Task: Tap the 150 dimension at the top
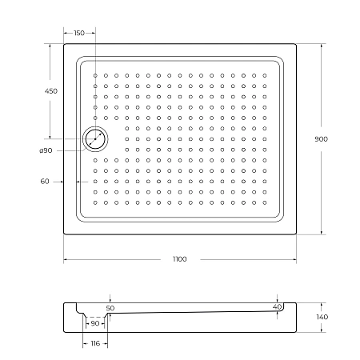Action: click(78, 33)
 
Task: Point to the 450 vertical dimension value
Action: click(50, 92)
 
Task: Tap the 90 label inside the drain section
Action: click(94, 323)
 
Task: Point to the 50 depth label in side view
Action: click(110, 308)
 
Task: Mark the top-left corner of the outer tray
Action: click(64, 44)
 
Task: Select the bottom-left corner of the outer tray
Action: click(64, 234)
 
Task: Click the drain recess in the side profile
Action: click(94, 314)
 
